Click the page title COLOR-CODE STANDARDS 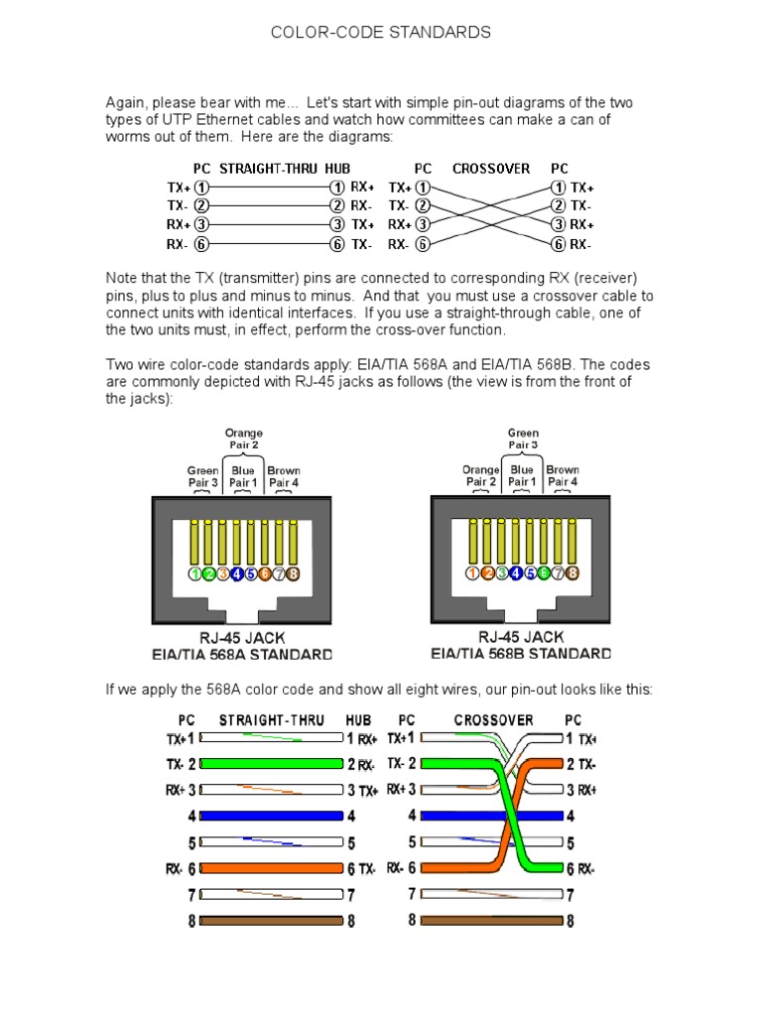click(381, 33)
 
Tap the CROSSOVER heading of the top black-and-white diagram click(491, 169)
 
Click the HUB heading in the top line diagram click(338, 169)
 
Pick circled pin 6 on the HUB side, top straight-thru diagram click(337, 244)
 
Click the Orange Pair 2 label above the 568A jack click(243, 440)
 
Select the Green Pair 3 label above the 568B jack click(523, 440)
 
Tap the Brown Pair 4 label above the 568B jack click(563, 476)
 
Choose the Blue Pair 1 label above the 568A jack click(243, 476)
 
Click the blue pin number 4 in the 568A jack click(237, 573)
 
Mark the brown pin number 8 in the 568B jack click(571, 573)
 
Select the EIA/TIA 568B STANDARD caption click(522, 655)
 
